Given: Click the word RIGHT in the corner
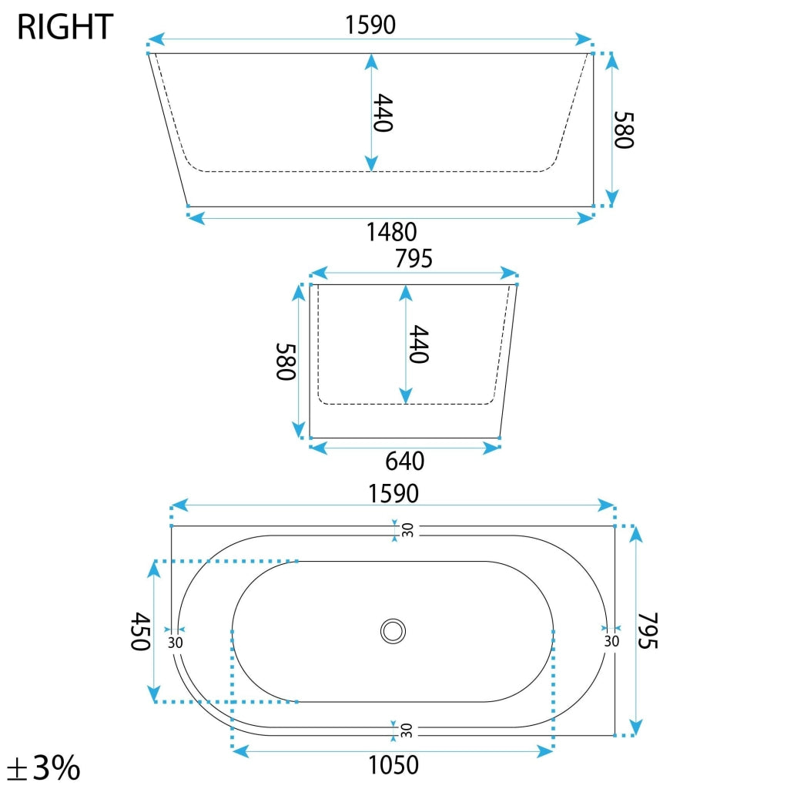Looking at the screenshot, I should point(65,29).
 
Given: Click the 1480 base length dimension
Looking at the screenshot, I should point(391,231).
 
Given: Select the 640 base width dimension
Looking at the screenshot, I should point(404,461).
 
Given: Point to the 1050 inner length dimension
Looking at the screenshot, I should point(393,765).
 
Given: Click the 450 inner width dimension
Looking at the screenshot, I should point(139,631).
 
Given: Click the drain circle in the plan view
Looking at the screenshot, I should point(393,631).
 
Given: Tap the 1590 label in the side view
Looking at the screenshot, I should point(370,25).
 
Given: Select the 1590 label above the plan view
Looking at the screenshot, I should point(393,492).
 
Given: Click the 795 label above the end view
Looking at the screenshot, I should point(414,260).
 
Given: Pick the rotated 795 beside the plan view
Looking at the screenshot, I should point(649,630).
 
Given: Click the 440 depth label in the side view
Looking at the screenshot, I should point(383,112).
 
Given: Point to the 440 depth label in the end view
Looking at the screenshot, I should point(417,344).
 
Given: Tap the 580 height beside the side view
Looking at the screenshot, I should point(623,129).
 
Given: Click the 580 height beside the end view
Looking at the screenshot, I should point(286,361).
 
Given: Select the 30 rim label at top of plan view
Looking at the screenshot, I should point(407,530).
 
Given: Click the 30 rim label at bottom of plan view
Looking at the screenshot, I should point(407,728).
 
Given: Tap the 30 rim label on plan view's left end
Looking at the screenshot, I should point(175,642).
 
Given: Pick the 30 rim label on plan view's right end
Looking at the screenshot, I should point(611,641).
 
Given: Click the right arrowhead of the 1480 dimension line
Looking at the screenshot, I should point(585,219).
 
